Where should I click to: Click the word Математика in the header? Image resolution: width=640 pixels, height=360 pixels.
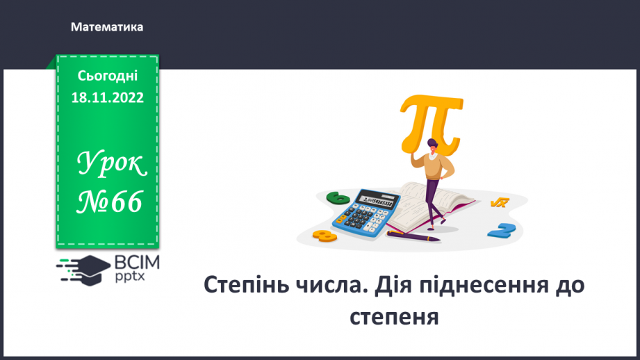(x=107, y=27)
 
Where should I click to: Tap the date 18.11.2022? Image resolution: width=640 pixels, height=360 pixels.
(x=107, y=98)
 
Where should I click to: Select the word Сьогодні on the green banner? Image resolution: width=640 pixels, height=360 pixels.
(x=107, y=76)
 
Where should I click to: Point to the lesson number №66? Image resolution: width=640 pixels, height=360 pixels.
(x=110, y=202)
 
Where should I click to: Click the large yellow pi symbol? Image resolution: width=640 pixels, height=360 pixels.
(x=429, y=125)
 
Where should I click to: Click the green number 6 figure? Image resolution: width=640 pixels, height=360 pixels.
(x=340, y=198)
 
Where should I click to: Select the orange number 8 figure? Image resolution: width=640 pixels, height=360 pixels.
(x=324, y=236)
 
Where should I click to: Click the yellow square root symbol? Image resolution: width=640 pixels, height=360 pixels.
(x=499, y=202)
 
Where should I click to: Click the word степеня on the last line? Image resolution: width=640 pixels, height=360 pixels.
(x=394, y=316)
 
